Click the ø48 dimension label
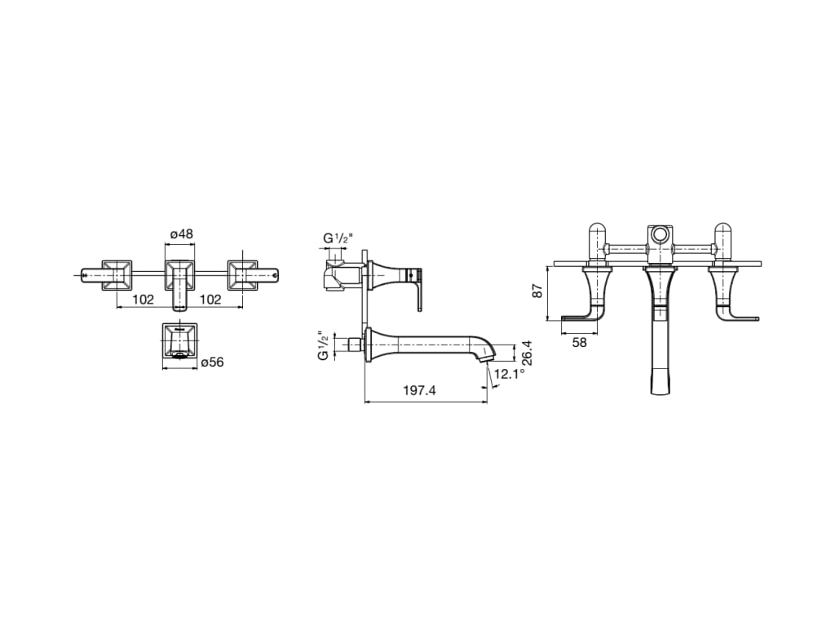tap(182, 233)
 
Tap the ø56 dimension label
tap(213, 362)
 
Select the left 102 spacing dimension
tap(144, 300)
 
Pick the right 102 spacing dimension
tap(210, 300)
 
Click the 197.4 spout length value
tap(419, 391)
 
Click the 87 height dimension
tap(537, 291)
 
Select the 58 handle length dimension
tap(580, 342)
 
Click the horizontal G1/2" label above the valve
tap(338, 238)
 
